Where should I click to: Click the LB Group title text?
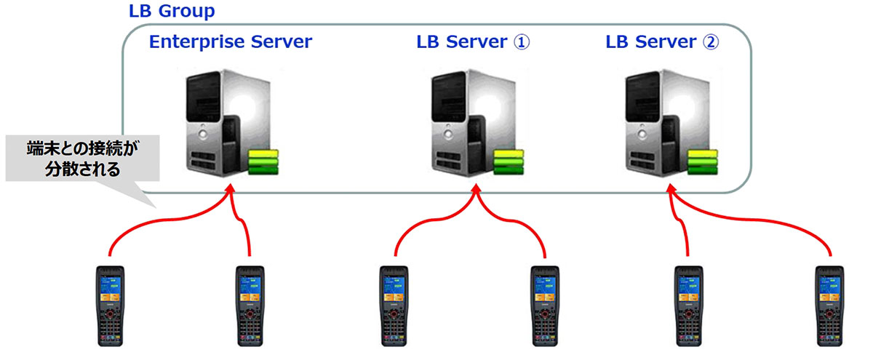tap(172, 12)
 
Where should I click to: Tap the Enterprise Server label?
tap(230, 42)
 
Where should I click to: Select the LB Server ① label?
tap(473, 42)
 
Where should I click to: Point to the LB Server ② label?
tap(662, 42)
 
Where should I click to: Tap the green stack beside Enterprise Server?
tap(263, 161)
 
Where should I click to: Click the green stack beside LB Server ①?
tap(509, 161)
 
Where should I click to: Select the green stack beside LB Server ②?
tap(703, 161)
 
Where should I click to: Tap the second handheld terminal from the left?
tap(250, 305)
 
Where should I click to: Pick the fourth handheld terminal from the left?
tap(544, 305)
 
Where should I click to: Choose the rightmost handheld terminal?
tap(829, 305)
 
